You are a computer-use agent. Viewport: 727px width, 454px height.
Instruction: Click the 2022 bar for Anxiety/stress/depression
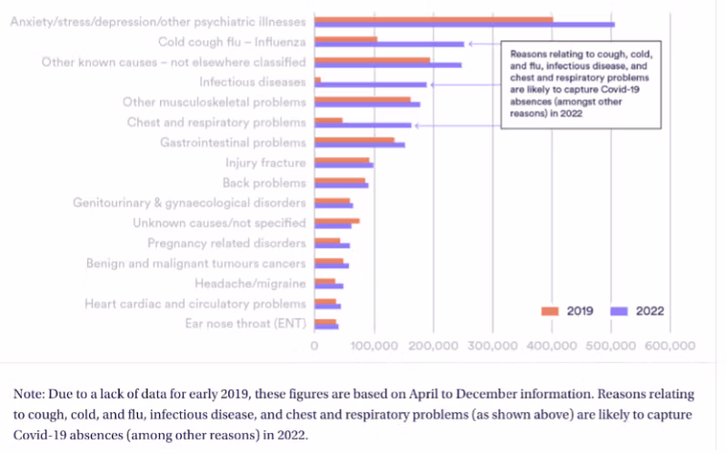463,25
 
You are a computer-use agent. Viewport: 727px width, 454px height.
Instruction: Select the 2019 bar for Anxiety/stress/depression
433,18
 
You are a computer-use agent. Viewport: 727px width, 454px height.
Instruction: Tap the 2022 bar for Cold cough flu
389,44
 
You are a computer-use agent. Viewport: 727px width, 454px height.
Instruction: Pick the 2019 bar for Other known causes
372,59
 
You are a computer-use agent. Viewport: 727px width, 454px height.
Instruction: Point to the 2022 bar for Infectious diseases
370,84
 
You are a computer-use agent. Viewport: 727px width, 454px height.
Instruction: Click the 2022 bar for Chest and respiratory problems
363,125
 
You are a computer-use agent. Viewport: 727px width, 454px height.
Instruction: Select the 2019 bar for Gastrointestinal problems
354,140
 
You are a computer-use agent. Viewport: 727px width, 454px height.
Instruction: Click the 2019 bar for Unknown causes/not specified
336,221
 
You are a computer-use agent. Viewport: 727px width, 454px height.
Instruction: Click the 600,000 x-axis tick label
670,346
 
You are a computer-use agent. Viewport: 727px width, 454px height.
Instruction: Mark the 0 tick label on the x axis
314,346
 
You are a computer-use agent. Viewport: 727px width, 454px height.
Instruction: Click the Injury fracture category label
265,163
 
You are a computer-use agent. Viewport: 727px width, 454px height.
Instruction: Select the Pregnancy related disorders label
226,243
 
